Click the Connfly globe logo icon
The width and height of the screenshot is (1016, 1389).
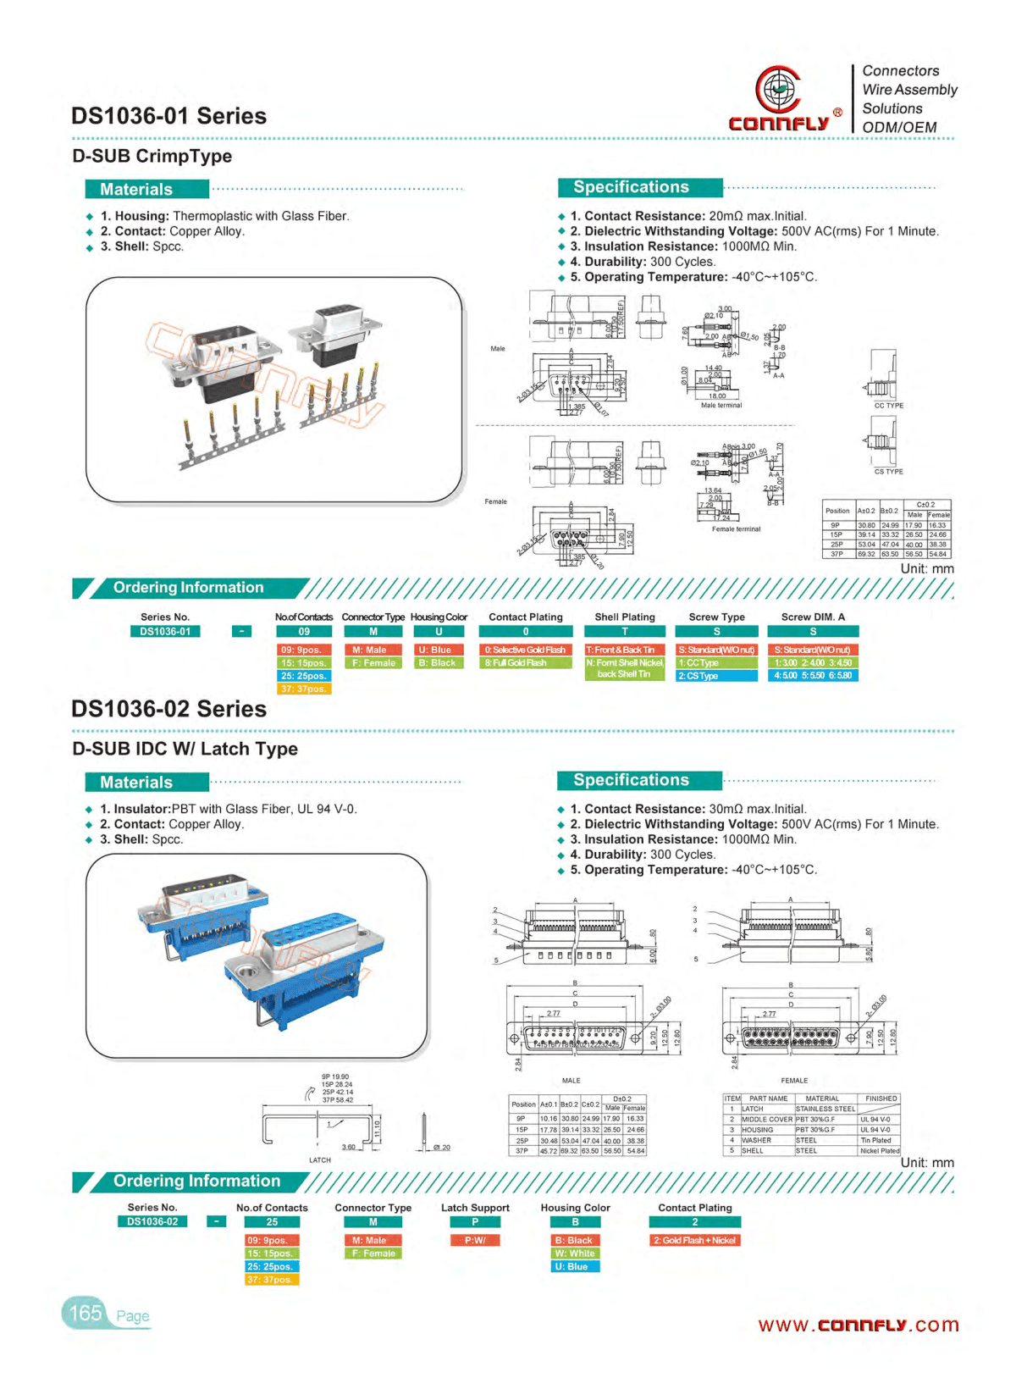click(778, 88)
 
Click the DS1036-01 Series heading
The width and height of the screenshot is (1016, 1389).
click(168, 116)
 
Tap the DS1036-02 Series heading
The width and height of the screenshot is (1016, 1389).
click(168, 709)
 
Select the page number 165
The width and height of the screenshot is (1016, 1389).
click(86, 1313)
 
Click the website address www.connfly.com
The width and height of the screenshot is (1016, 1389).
click(858, 1325)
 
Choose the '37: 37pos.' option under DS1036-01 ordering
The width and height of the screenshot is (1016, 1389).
click(304, 689)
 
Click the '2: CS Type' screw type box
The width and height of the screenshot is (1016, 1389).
click(716, 676)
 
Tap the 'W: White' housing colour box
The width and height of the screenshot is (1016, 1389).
click(575, 1253)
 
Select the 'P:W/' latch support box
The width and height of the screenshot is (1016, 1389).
click(475, 1240)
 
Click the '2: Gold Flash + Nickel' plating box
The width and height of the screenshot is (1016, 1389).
click(694, 1240)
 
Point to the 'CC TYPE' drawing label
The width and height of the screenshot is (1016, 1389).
click(888, 406)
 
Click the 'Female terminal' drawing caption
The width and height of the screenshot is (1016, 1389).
click(736, 529)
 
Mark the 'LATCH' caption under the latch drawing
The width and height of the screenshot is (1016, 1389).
click(320, 1160)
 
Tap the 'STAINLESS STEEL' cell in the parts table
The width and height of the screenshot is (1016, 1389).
click(825, 1109)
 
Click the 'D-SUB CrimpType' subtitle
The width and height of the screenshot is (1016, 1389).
click(152, 156)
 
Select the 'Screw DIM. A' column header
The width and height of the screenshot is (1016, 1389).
click(813, 617)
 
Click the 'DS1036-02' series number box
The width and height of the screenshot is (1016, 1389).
click(152, 1221)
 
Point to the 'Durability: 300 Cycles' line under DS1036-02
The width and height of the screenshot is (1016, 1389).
click(643, 855)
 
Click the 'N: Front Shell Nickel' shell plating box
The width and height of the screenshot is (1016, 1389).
click(625, 668)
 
